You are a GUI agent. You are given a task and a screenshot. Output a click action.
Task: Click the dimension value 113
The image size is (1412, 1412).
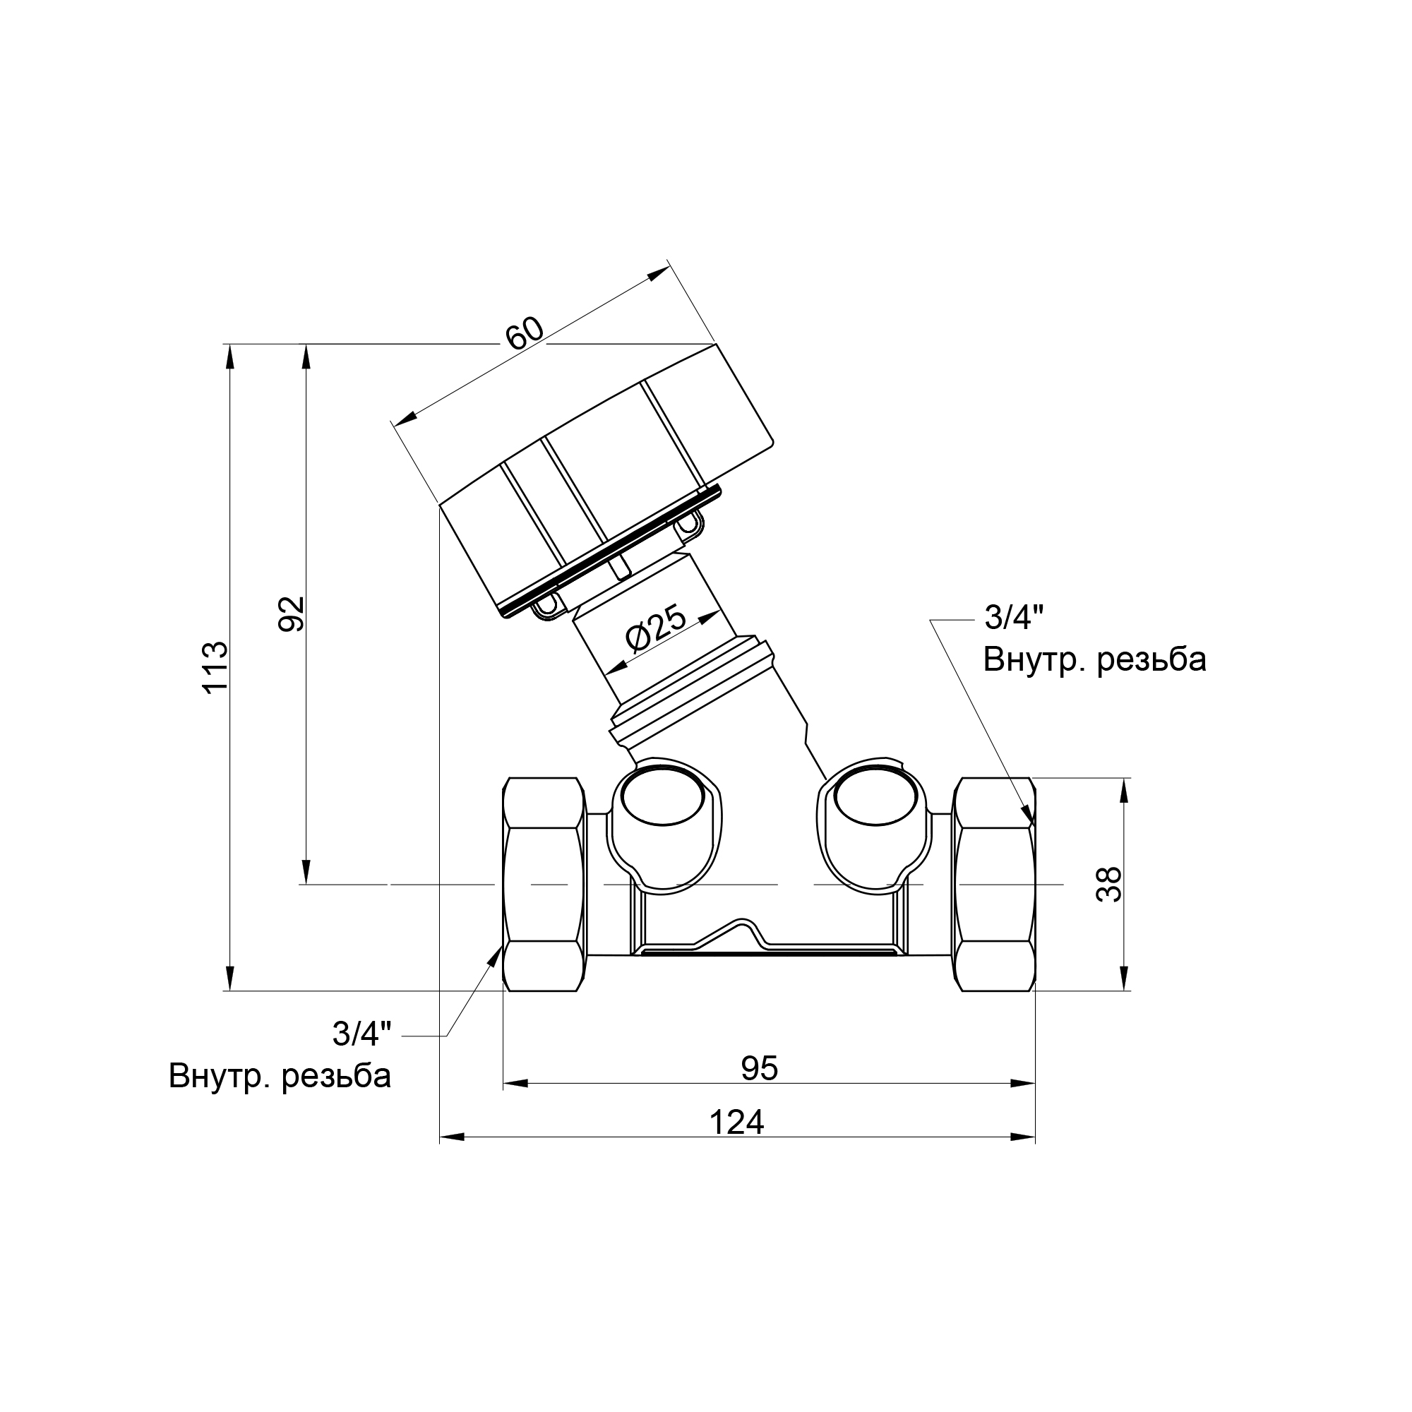tap(215, 668)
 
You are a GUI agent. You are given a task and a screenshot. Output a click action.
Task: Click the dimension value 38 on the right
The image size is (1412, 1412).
tap(1109, 885)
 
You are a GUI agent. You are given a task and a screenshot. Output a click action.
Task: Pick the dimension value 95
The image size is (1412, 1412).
tap(760, 1068)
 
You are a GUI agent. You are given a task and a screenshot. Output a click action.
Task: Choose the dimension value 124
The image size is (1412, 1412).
tap(736, 1122)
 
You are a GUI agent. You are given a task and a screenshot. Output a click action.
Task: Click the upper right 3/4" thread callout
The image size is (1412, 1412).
tap(1013, 618)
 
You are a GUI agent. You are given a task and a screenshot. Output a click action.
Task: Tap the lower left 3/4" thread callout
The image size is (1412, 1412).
tap(361, 1034)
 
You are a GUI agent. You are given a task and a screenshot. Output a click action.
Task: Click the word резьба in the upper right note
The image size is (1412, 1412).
tap(1151, 660)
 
